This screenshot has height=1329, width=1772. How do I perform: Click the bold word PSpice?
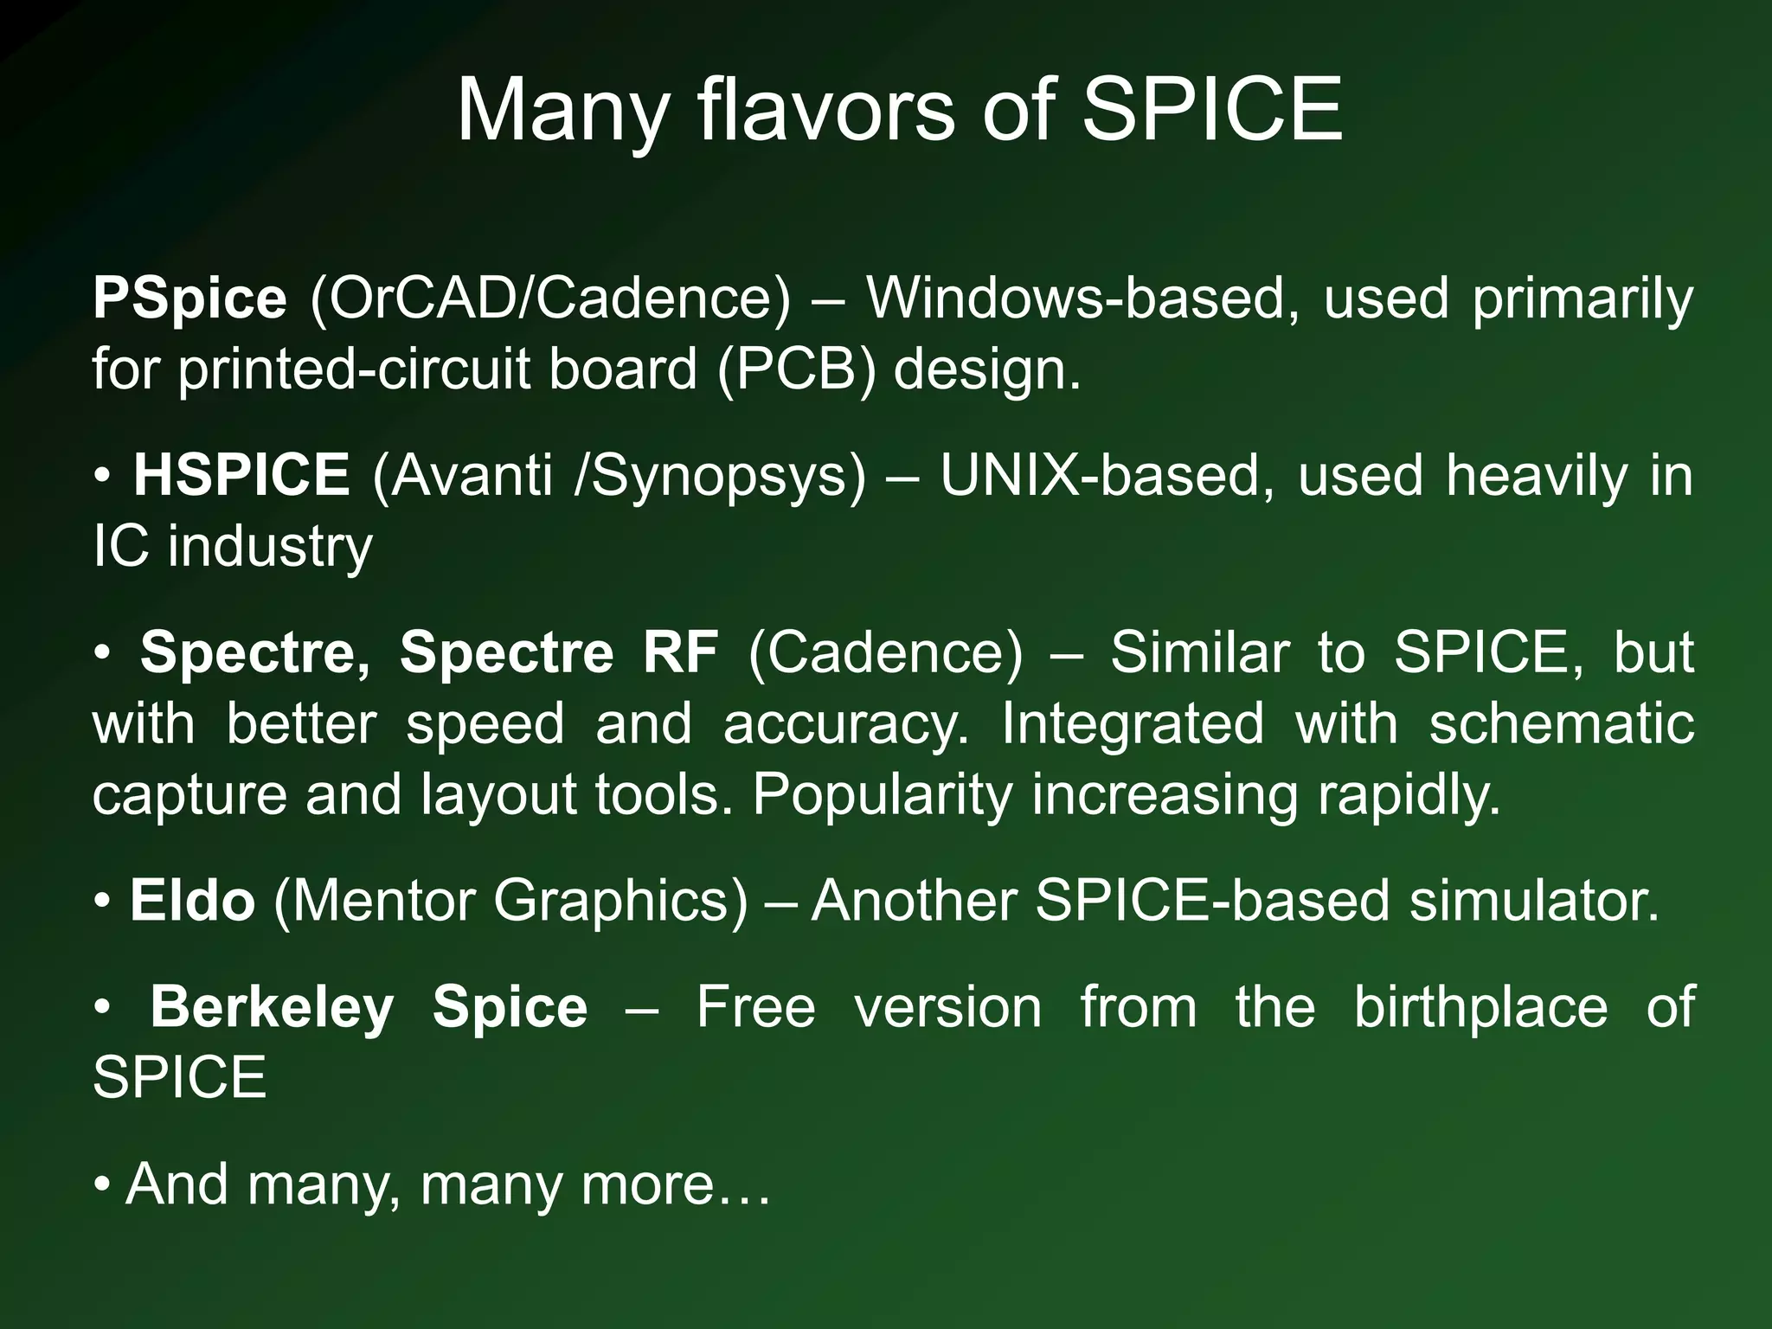click(189, 299)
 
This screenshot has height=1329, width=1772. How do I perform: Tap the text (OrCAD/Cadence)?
click(550, 299)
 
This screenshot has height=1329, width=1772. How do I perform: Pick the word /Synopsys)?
click(719, 477)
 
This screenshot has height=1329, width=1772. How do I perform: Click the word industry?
click(270, 548)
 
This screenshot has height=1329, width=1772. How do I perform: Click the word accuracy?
click(846, 723)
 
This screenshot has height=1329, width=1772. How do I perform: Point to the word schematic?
click(1561, 723)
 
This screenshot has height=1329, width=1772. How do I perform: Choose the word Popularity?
click(882, 795)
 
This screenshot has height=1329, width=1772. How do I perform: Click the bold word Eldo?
click(192, 901)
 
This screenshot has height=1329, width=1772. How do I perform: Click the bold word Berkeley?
click(272, 1008)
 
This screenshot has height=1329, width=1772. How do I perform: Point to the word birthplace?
click(1480, 1008)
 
